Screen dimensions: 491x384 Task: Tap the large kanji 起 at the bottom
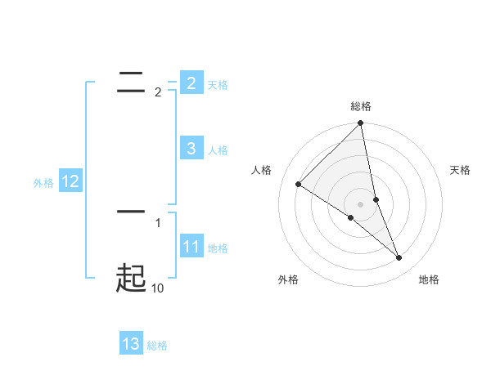click(x=131, y=278)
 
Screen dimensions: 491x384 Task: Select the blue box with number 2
click(x=191, y=83)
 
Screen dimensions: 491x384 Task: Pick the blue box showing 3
click(x=191, y=149)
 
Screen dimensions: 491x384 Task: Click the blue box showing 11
click(x=191, y=247)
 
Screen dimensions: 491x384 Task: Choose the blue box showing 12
click(x=70, y=182)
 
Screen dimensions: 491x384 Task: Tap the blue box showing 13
click(x=131, y=344)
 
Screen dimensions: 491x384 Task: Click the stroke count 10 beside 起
click(x=157, y=288)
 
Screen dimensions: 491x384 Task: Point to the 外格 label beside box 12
click(x=43, y=183)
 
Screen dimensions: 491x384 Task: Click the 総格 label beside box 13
click(x=157, y=346)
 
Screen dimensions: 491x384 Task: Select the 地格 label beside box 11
click(x=218, y=248)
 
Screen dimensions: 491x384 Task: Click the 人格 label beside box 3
click(x=218, y=150)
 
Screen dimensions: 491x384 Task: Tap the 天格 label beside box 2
click(x=218, y=85)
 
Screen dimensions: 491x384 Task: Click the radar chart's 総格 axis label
click(x=361, y=106)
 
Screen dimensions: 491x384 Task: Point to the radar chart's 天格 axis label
click(x=461, y=170)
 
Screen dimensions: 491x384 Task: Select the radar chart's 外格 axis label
click(x=288, y=279)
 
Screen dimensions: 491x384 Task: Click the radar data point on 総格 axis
click(x=361, y=123)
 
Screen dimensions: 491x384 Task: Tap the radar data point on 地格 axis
click(x=399, y=258)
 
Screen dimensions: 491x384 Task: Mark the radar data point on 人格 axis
click(x=299, y=185)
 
